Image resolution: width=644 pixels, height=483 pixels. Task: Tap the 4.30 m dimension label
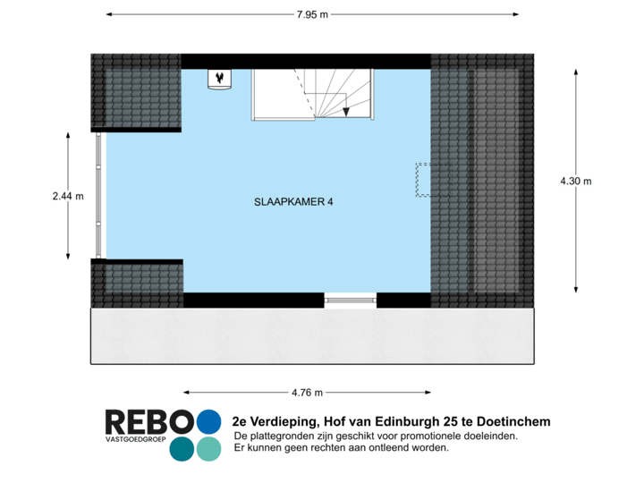[x=575, y=181]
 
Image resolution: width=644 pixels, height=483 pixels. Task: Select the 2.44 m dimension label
[x=68, y=195]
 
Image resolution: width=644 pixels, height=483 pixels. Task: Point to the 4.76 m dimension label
[x=307, y=392]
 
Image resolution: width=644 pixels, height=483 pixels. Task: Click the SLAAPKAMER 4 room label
[x=294, y=202]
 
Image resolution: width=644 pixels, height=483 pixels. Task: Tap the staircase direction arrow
[x=345, y=110]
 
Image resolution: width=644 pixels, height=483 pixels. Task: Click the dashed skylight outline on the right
[x=423, y=179]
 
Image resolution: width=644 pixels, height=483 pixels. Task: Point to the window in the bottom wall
[x=351, y=301]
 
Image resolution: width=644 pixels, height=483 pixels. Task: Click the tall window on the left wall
[x=98, y=195]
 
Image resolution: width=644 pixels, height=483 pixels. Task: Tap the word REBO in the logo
[x=148, y=421]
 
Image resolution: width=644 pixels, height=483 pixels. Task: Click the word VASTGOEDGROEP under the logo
[x=134, y=441]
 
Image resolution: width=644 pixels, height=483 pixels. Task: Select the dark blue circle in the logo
[x=182, y=448]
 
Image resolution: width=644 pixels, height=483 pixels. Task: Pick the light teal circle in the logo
[x=208, y=448]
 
